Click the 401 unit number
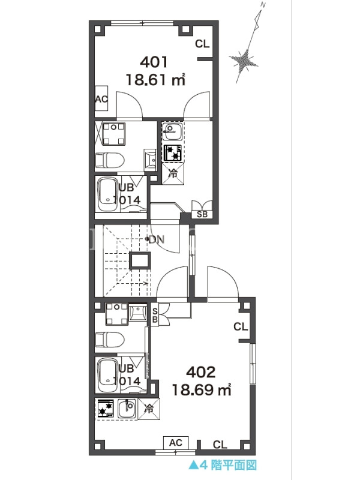click(x=154, y=62)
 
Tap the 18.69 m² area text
click(x=202, y=389)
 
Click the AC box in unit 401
click(x=101, y=99)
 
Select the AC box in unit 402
click(x=176, y=443)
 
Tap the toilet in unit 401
click(x=110, y=160)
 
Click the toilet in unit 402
click(x=110, y=340)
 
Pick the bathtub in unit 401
click(x=108, y=194)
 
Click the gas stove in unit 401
click(x=173, y=153)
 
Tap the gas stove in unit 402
click(x=106, y=409)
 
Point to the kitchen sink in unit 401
click(x=172, y=131)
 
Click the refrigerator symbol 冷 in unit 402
click(x=149, y=409)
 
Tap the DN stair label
click(x=157, y=239)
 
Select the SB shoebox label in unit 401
click(x=202, y=214)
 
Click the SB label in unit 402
click(x=155, y=316)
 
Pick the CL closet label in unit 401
click(x=202, y=44)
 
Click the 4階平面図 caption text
click(x=228, y=466)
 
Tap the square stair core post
click(x=140, y=261)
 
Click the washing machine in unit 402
click(x=116, y=314)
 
